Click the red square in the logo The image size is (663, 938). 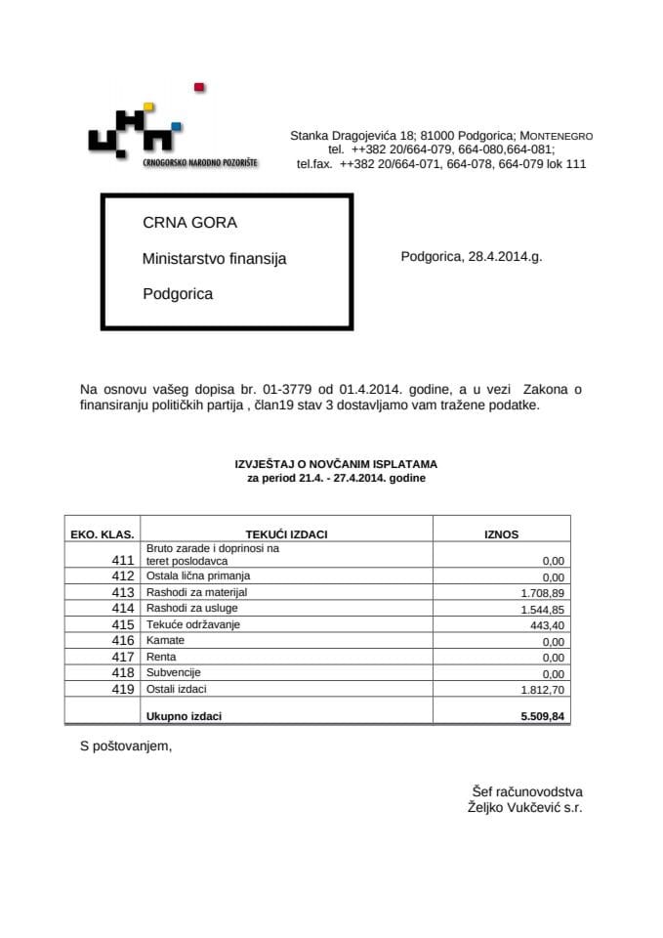(199, 88)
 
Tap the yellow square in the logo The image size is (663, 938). (148, 107)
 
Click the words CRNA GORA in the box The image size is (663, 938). (189, 223)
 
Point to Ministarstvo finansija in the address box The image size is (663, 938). (215, 259)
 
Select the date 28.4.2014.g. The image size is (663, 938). (471, 257)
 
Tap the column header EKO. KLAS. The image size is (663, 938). (103, 534)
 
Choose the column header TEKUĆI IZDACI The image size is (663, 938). (288, 534)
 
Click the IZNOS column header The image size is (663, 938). (502, 534)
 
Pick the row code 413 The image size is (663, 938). (122, 592)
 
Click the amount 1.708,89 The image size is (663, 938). (546, 592)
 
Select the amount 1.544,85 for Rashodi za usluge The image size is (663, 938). (546, 609)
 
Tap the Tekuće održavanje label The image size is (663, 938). (192, 624)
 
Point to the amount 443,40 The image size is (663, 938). (550, 624)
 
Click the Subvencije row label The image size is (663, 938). (175, 672)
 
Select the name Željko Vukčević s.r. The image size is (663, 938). (525, 808)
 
